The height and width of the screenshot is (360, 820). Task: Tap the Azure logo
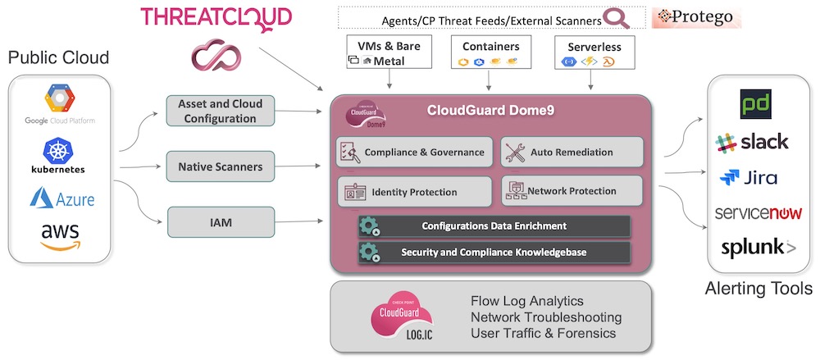point(61,197)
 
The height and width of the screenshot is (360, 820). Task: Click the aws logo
point(60,238)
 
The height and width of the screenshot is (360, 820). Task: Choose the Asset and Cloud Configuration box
point(220,111)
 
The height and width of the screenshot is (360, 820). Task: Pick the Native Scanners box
point(220,166)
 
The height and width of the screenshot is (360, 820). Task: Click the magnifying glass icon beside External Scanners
point(613,18)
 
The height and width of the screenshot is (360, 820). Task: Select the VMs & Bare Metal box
point(384,53)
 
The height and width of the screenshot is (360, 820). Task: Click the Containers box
point(490,53)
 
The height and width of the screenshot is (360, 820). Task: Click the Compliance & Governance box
point(415,152)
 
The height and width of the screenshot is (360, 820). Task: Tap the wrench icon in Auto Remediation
point(515,153)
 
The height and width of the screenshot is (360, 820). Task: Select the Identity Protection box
point(415,192)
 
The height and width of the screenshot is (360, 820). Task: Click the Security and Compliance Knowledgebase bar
point(494,253)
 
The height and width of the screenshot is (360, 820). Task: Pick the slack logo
point(752,142)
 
